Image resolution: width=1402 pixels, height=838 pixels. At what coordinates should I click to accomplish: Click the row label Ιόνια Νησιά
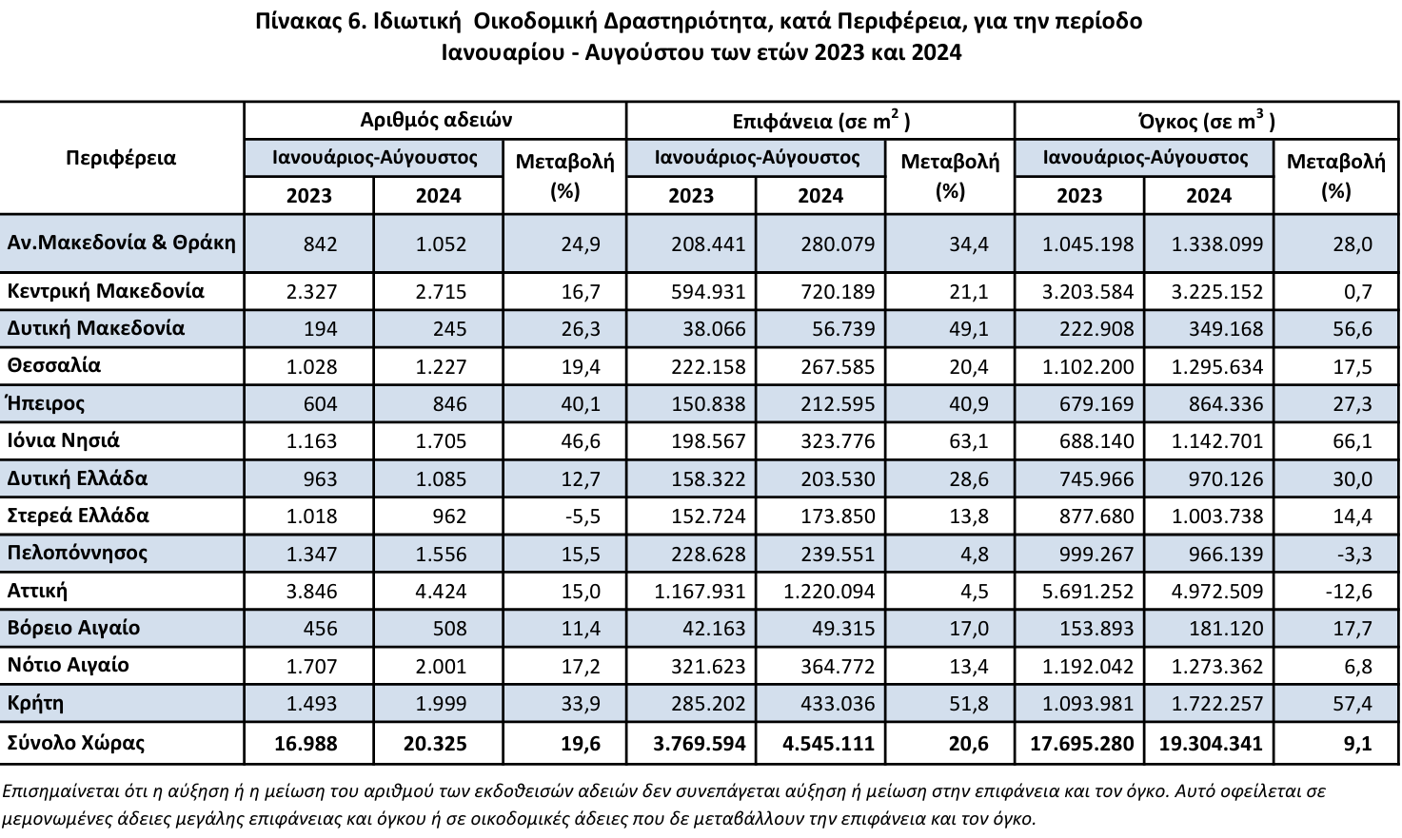(x=63, y=441)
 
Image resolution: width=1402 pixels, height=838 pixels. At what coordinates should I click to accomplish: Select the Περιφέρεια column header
(x=121, y=158)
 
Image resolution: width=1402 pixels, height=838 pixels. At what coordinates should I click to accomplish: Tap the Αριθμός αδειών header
(x=436, y=120)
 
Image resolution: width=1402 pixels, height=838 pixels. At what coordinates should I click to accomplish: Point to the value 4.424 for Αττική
(x=442, y=591)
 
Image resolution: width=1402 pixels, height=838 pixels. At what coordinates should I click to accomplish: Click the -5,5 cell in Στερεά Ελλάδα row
(x=583, y=516)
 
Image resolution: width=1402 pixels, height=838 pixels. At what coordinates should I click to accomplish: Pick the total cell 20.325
(x=435, y=743)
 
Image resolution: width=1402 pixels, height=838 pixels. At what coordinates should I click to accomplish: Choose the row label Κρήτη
(x=35, y=704)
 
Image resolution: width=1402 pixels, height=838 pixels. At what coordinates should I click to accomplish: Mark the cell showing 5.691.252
(x=1088, y=591)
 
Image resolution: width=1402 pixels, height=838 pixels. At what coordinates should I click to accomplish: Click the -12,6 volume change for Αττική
(x=1349, y=591)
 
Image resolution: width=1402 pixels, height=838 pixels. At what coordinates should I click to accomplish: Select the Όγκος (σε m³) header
(x=1207, y=120)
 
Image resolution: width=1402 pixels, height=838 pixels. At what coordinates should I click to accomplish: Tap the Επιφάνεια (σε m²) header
(x=821, y=120)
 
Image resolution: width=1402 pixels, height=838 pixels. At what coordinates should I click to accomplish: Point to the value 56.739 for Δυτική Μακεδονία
(x=843, y=329)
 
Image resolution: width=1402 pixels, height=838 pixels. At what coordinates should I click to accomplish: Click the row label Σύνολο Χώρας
(x=76, y=743)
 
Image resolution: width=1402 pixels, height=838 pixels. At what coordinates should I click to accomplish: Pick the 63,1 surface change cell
(x=969, y=441)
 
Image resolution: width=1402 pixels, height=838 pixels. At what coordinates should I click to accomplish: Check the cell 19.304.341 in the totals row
(x=1211, y=743)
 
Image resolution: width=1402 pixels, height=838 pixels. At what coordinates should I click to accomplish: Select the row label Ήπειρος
(x=46, y=403)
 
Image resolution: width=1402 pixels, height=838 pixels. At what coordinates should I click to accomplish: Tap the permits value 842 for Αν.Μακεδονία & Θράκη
(x=321, y=244)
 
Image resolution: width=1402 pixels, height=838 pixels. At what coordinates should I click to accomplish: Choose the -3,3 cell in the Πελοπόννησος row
(x=1354, y=554)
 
